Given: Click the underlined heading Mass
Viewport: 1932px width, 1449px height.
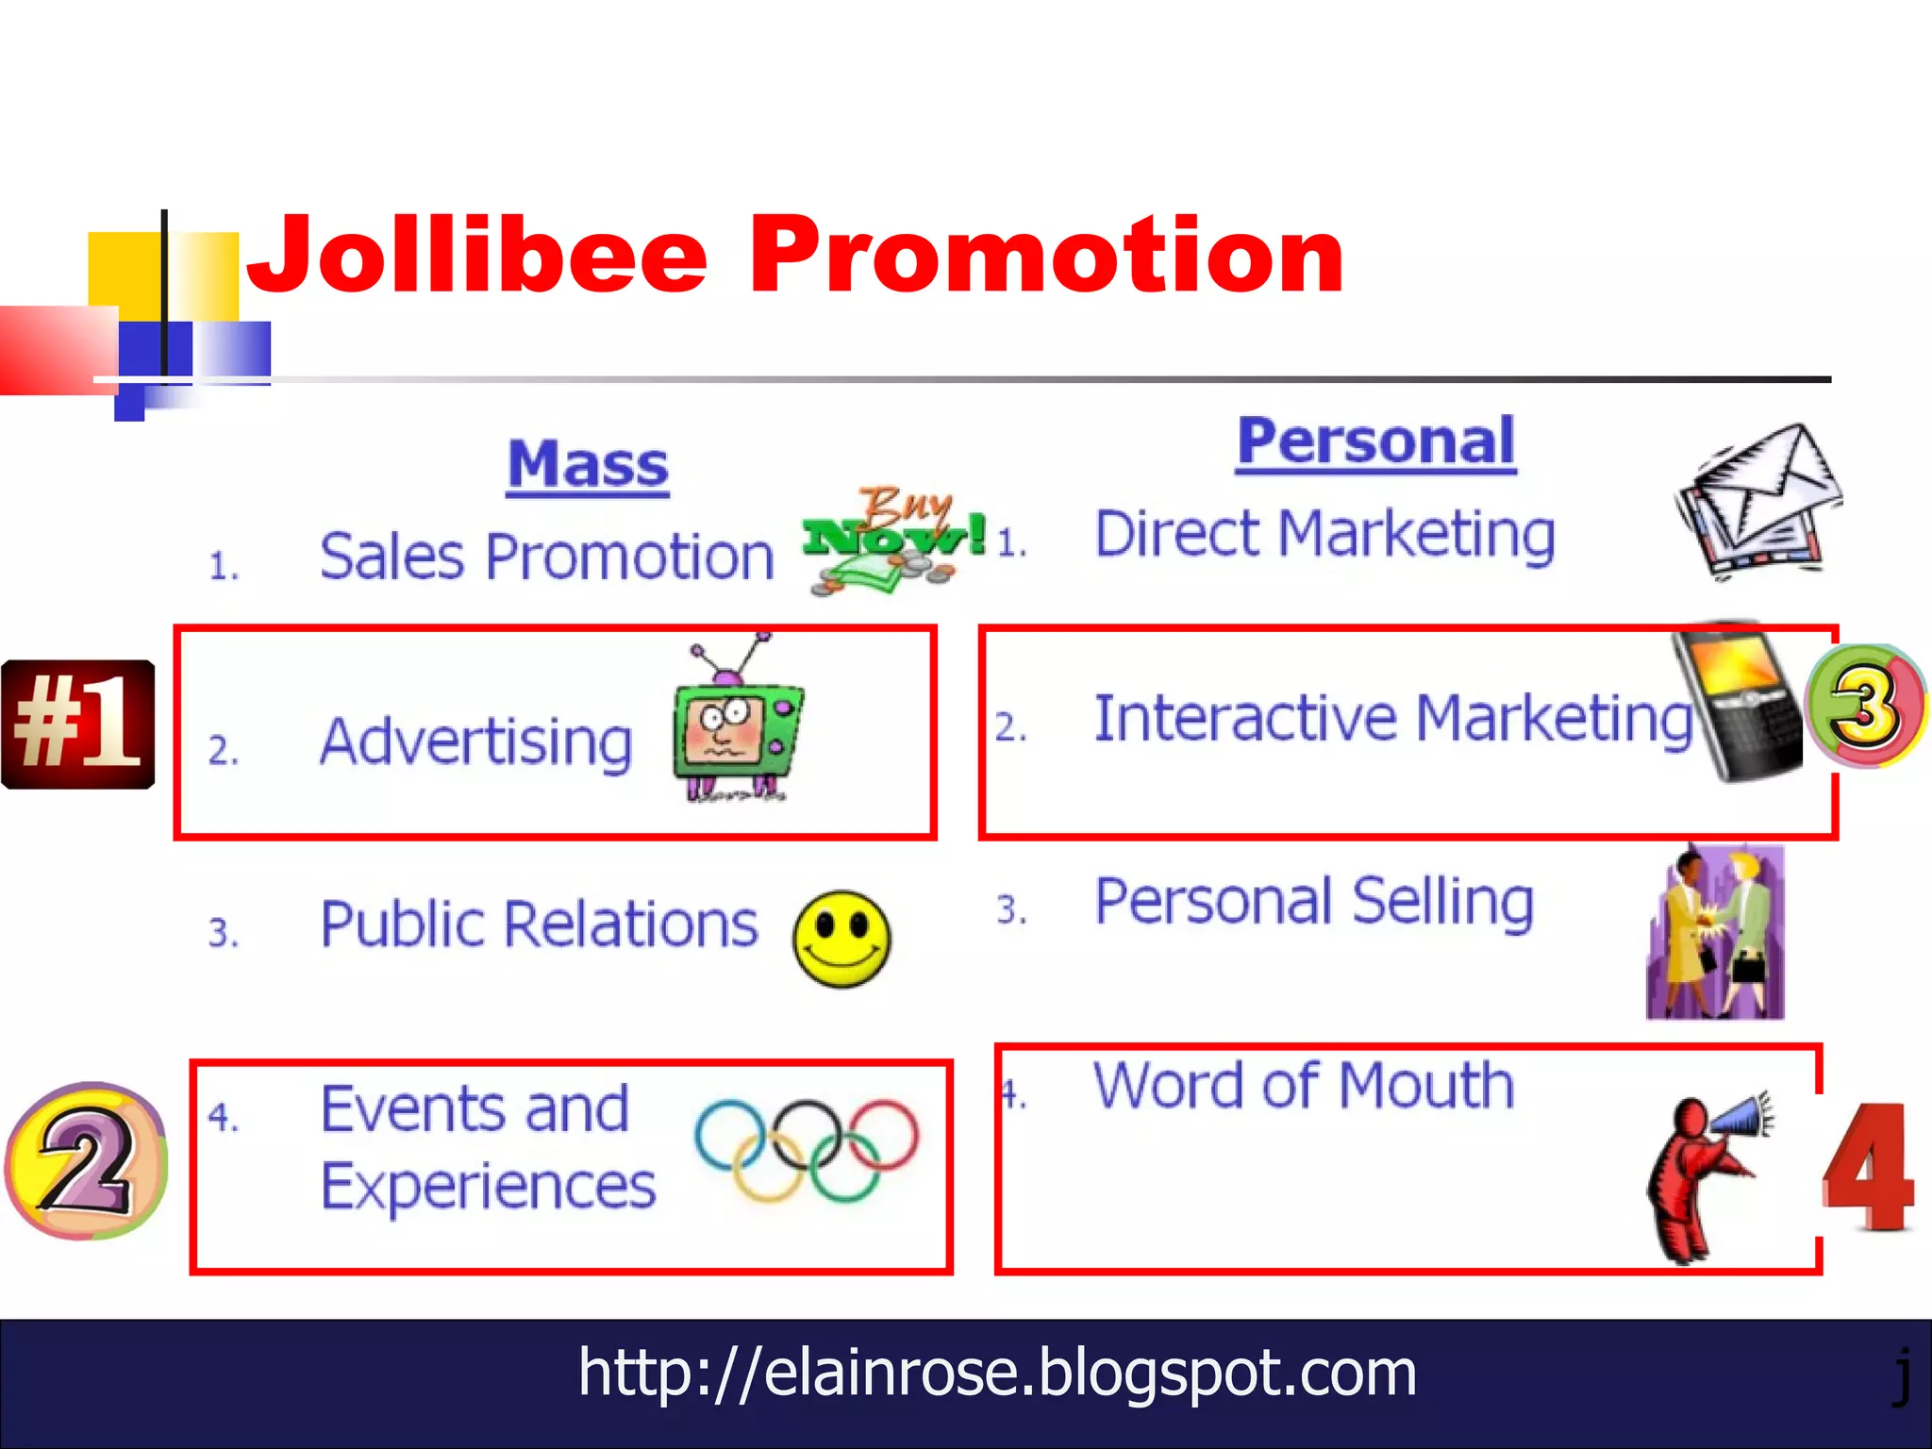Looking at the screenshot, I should (588, 465).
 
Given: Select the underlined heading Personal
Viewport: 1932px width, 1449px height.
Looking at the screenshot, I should (1375, 441).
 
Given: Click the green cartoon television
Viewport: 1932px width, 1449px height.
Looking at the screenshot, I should (736, 726).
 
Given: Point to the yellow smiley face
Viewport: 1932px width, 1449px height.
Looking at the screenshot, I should (841, 939).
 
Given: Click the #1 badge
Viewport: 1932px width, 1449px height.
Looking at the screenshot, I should (78, 724).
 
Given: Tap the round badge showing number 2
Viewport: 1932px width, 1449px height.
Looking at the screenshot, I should (86, 1160).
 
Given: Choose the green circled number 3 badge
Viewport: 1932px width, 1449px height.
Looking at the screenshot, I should (1865, 706).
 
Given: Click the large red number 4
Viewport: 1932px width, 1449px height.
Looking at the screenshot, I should (1868, 1170).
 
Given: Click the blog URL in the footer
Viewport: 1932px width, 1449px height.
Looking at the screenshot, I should (997, 1373).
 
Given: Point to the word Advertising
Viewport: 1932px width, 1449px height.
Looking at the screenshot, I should (476, 742).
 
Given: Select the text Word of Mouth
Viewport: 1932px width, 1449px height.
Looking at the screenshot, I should (1304, 1086).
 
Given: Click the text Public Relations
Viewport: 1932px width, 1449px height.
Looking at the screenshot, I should (539, 924).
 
